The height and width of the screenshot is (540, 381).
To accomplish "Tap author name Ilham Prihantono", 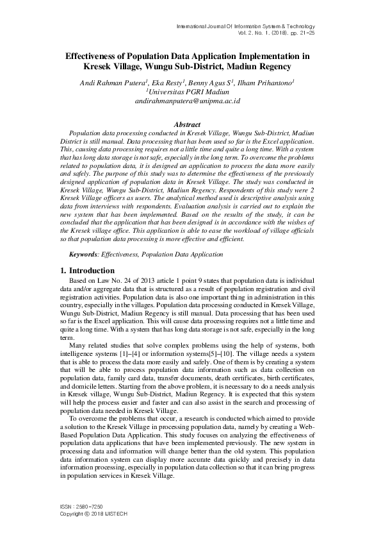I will point(266,83).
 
